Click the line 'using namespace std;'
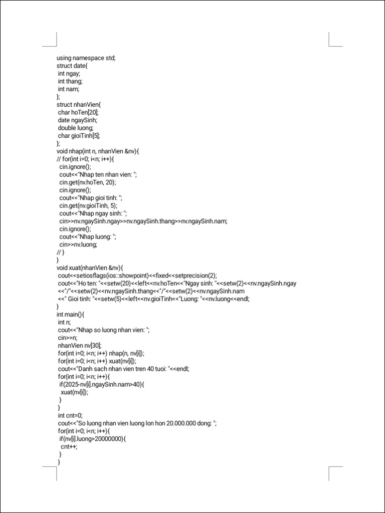86,58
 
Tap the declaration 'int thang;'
70,81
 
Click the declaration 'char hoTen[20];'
78,112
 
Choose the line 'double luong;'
75,128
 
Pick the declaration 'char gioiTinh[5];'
82,136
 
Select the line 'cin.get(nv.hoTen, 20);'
88,182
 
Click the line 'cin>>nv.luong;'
78,244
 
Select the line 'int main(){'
71,314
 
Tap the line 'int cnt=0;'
70,415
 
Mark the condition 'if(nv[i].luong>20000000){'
93,439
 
